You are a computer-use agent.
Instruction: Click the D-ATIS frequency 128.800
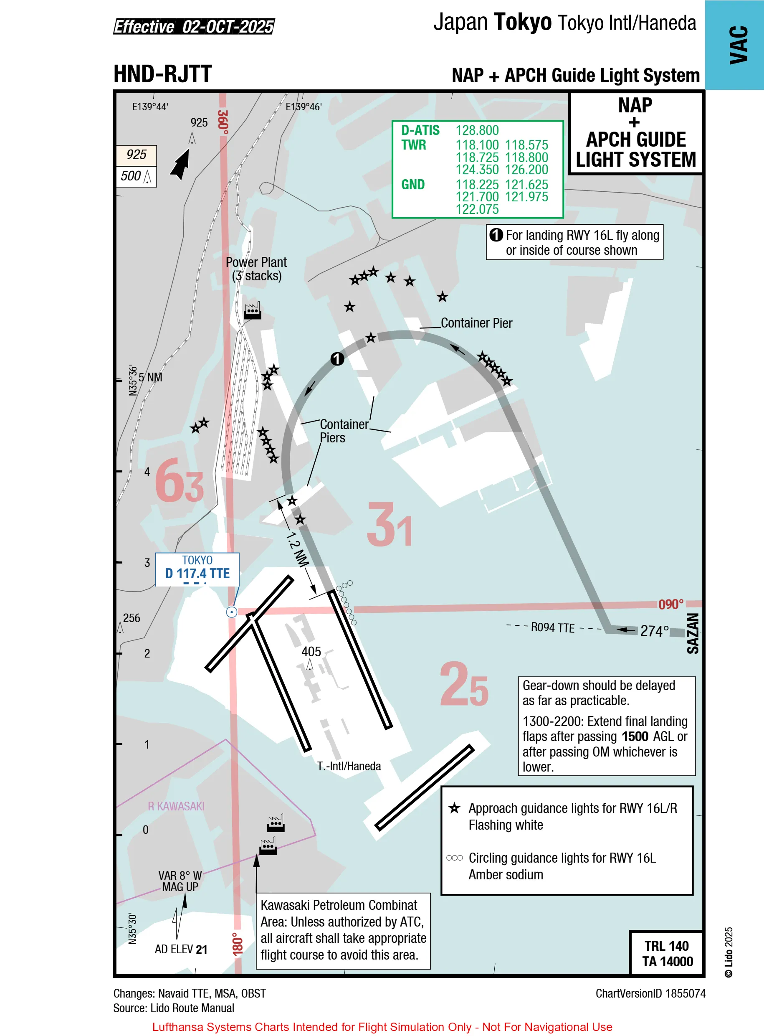click(477, 130)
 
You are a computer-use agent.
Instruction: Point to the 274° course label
click(654, 631)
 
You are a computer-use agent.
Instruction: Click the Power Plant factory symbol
click(253, 310)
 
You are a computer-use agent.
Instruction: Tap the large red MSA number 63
click(179, 481)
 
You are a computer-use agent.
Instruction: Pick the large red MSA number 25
click(463, 684)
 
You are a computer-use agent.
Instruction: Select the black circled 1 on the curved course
click(337, 358)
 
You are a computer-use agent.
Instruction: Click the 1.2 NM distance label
click(297, 549)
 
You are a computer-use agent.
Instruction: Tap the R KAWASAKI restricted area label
click(176, 806)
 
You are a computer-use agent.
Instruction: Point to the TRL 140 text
click(666, 946)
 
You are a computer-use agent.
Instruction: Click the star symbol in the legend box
click(454, 808)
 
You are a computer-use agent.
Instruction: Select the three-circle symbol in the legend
click(454, 858)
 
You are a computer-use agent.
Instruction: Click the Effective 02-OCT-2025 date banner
click(194, 27)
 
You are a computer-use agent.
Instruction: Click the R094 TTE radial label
click(552, 627)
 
